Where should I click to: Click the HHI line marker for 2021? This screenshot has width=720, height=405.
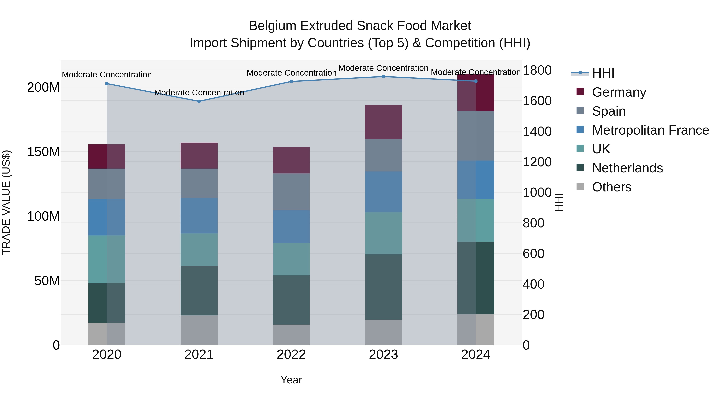coord(199,101)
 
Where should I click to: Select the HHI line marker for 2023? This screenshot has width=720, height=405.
coord(383,77)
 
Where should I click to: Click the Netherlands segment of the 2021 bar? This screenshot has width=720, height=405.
coord(199,291)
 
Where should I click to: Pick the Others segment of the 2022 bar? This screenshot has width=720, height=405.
coord(291,335)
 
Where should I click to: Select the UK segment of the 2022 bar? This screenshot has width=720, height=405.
coord(291,259)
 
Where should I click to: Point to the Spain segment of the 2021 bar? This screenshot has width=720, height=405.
coord(199,183)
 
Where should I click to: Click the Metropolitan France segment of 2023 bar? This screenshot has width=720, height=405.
coord(383,192)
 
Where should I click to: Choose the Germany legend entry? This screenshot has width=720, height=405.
coord(619,92)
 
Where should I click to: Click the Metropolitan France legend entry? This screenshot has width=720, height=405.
coord(650,130)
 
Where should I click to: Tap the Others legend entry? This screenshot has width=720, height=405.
coord(612,187)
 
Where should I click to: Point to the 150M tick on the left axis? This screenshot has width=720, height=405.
coord(43,152)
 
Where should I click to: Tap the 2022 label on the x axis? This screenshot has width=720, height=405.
coord(291,355)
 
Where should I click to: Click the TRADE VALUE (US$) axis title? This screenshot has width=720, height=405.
coord(6,202)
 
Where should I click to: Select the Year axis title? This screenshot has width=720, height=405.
coord(291,380)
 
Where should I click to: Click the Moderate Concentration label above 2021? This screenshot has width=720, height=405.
coord(199,93)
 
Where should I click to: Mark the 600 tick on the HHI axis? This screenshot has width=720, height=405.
coord(533,254)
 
